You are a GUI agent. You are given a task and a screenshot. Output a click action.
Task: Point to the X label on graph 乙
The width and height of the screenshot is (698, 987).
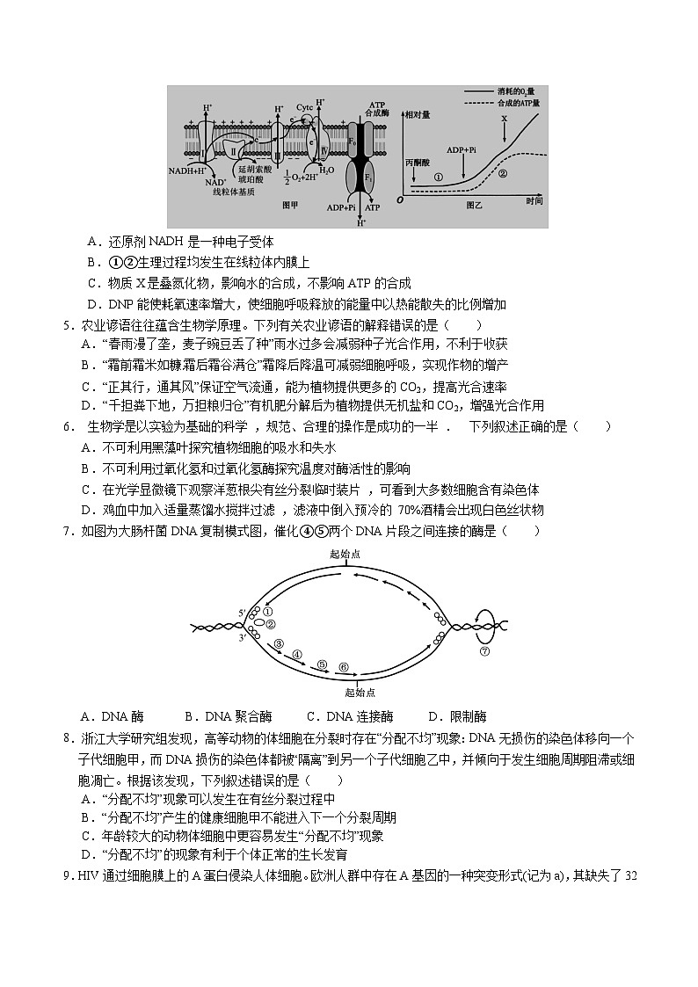click(x=504, y=118)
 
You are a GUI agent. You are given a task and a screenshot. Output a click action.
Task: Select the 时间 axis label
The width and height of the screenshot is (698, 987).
click(x=534, y=202)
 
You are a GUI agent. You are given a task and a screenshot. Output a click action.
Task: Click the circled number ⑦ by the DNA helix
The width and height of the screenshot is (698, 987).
click(x=484, y=652)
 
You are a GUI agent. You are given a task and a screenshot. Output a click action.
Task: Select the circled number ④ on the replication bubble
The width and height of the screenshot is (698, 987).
click(x=297, y=655)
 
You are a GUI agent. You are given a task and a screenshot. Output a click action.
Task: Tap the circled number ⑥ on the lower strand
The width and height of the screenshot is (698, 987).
click(x=344, y=667)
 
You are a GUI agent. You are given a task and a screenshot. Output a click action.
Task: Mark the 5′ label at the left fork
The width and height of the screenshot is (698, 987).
click(x=242, y=612)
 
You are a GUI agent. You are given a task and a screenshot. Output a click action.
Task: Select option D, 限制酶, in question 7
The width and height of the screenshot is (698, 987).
click(x=456, y=715)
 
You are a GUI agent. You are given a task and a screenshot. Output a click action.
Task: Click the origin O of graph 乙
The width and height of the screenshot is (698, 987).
click(x=399, y=200)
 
